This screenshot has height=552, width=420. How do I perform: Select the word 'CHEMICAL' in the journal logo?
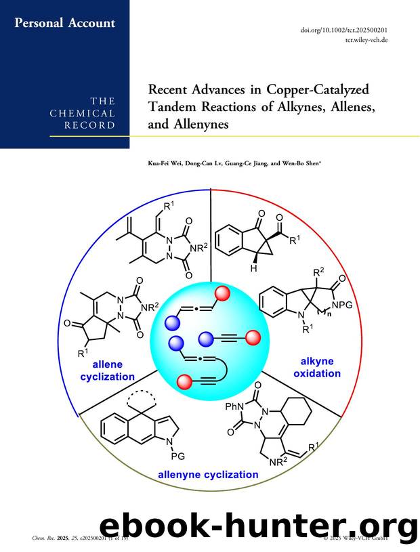point(82,114)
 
